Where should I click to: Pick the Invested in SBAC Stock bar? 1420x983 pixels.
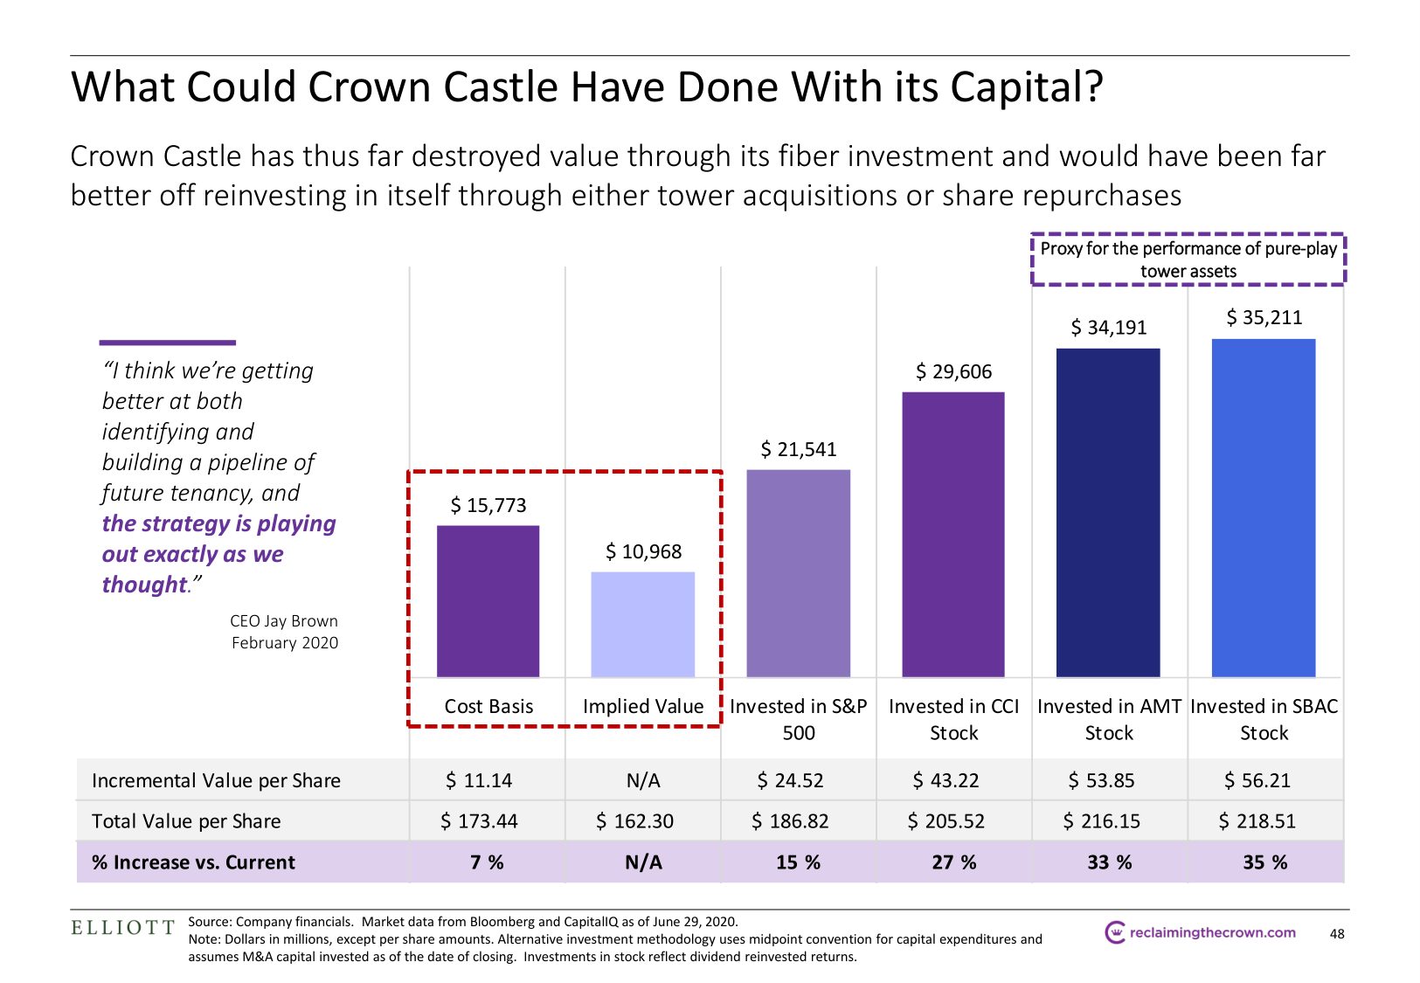(1264, 508)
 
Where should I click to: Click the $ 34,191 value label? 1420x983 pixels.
(1108, 328)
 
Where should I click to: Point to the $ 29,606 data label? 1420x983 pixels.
(953, 372)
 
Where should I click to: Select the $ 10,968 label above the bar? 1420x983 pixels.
(643, 552)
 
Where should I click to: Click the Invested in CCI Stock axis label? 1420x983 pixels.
(953, 719)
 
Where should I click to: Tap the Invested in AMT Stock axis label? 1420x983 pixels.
(1109, 719)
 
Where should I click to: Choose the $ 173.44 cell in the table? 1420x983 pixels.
(479, 821)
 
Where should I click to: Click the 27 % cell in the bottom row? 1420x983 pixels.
(953, 862)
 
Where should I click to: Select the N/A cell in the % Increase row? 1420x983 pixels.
(643, 862)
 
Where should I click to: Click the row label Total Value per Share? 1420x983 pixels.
(186, 821)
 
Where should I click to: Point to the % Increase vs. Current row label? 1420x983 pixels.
(193, 862)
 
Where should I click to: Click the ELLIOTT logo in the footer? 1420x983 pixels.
(123, 928)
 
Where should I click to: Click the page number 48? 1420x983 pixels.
(1337, 934)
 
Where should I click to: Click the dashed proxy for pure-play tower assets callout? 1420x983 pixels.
(1188, 260)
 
